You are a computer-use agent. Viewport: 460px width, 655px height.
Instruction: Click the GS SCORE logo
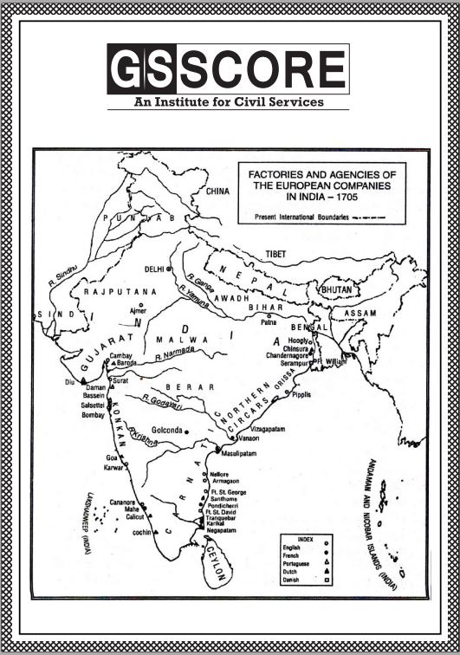coord(229,68)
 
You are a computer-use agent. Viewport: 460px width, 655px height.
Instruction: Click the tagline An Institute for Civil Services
coord(229,101)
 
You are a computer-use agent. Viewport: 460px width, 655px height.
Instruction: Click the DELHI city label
coord(155,269)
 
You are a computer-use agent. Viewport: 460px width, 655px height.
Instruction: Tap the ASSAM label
coord(360,312)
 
